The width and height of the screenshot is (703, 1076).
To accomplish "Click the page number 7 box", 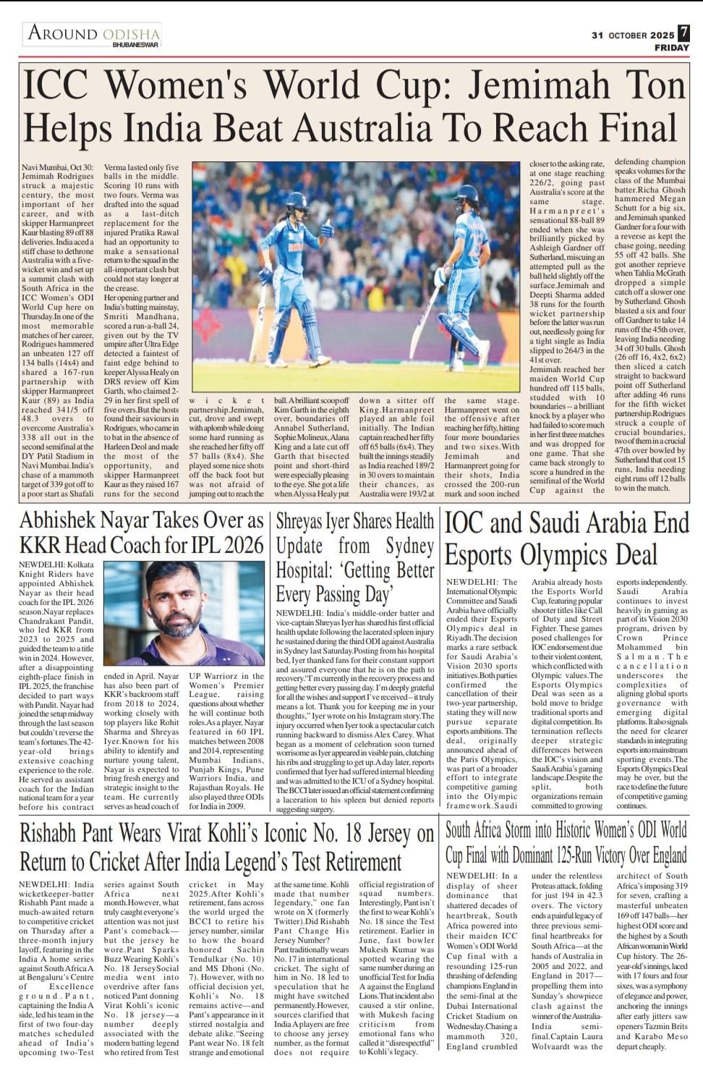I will [683, 33].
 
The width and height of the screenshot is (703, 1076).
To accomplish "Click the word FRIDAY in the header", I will [672, 48].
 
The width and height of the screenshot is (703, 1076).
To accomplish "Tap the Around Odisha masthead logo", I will [93, 33].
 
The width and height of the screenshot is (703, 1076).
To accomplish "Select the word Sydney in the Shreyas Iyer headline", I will [399, 546].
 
